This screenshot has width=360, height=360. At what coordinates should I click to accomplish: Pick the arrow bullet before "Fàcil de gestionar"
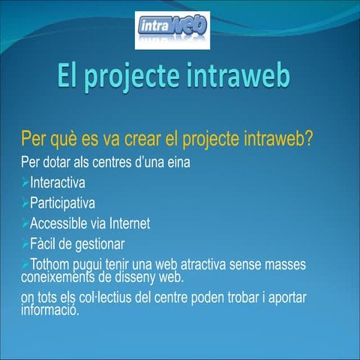pos(25,244)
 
